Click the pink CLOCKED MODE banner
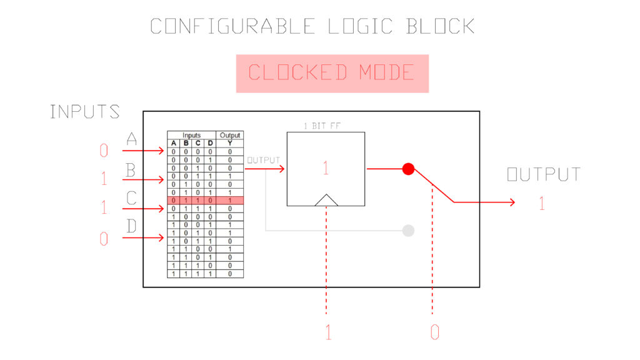pos(332,74)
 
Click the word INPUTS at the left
pos(85,111)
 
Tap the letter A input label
pos(131,139)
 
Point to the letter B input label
pos(131,170)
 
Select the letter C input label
pos(131,198)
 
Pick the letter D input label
pos(131,226)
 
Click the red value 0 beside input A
pos(104,151)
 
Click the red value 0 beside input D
pos(104,239)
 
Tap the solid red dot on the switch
pos(408,169)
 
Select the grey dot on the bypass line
pos(408,231)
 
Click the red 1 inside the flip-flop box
pos(325,167)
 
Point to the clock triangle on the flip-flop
pos(326,200)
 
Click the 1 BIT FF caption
pos(322,126)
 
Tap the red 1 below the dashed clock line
pos(329,332)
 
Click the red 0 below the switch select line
pos(435,332)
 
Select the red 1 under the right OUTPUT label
pos(542,203)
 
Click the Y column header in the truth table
pos(230,143)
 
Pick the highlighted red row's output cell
pos(230,201)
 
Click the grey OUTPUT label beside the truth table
pos(264,160)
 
